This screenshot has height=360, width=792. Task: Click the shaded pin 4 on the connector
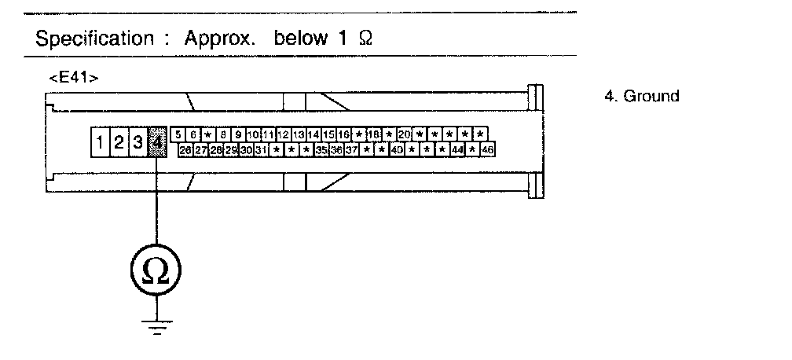(156, 141)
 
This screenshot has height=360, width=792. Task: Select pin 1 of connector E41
(100, 142)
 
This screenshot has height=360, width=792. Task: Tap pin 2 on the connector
(119, 142)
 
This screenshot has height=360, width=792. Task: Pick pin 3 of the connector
(137, 142)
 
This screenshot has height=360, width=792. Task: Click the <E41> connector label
(73, 78)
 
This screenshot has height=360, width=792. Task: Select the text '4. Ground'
(641, 96)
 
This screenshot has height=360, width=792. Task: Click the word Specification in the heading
(94, 39)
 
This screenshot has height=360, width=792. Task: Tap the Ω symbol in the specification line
(364, 39)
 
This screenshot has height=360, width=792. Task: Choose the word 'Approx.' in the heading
(220, 39)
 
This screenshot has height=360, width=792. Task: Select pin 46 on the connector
(488, 149)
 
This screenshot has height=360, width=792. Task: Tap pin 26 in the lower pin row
(185, 149)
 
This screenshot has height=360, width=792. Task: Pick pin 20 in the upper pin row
(405, 134)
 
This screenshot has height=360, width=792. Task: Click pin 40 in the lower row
(397, 149)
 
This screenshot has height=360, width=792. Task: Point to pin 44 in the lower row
(458, 149)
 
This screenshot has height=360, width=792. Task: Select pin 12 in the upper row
(284, 134)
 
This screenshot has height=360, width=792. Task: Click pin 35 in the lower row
(321, 149)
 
